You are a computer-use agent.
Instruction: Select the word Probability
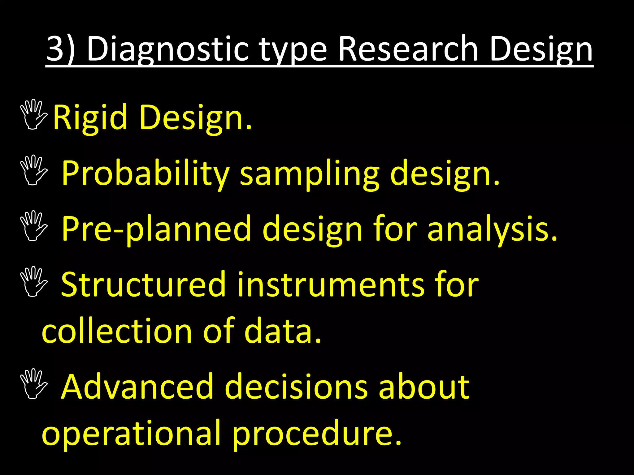click(x=145, y=173)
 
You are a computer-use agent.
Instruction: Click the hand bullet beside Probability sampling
click(x=33, y=170)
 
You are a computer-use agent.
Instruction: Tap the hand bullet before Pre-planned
click(x=33, y=225)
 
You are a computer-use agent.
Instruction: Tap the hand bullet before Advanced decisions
click(x=33, y=383)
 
